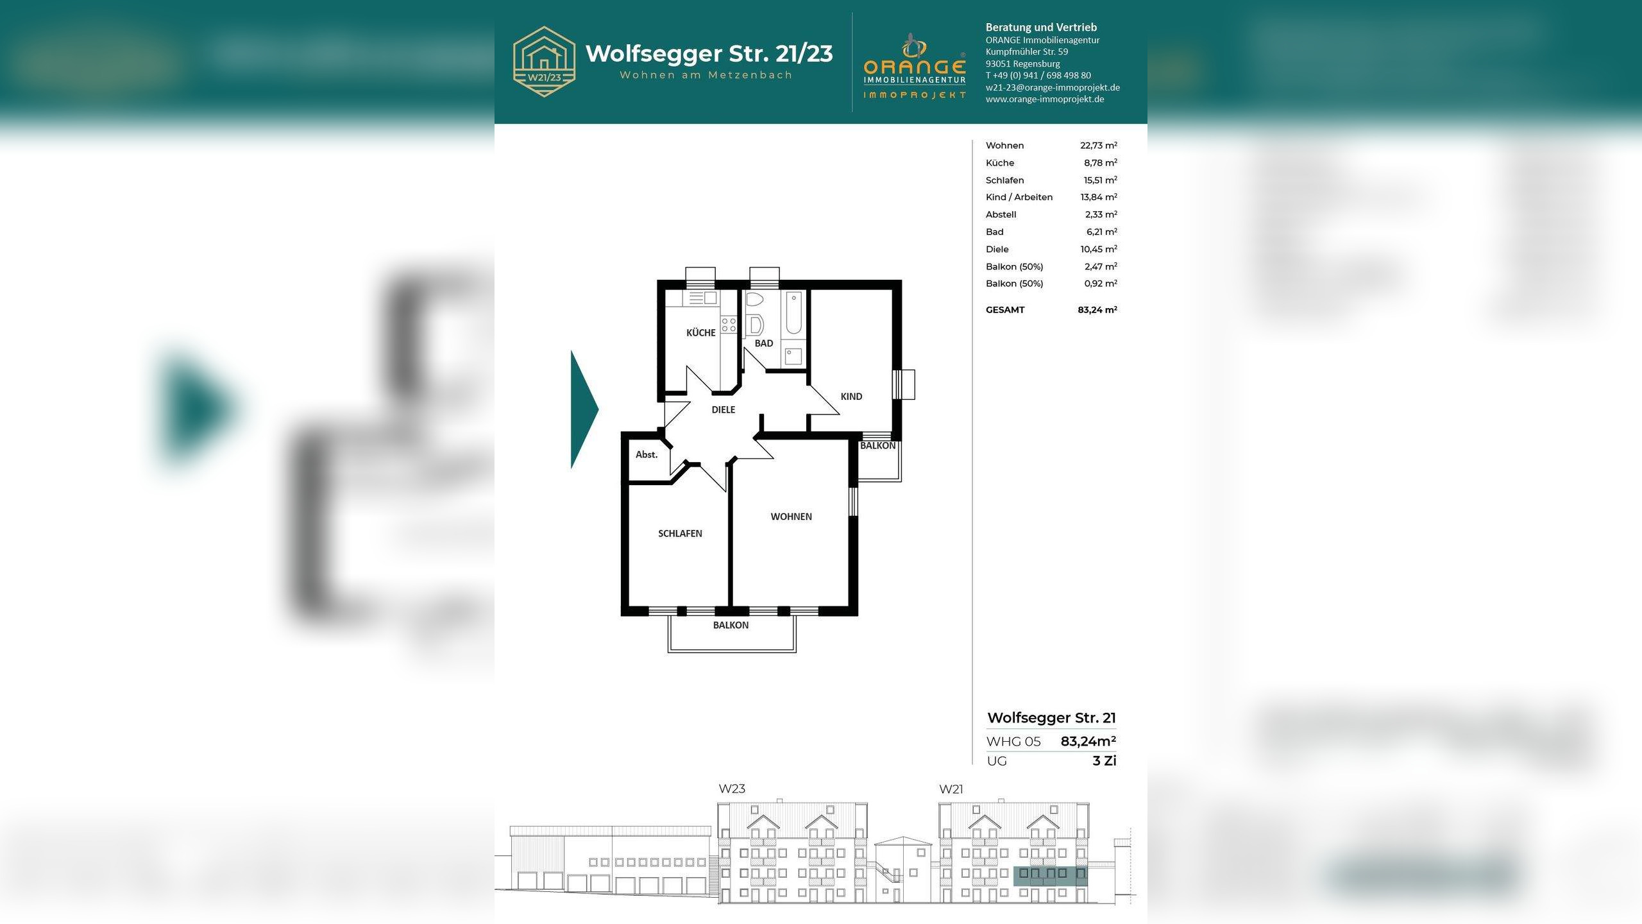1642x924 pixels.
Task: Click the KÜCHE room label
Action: click(700, 332)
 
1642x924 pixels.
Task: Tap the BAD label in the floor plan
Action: click(763, 343)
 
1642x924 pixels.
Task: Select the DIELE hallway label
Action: click(723, 409)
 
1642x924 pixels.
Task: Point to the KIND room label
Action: click(851, 397)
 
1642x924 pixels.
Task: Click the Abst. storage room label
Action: click(647, 454)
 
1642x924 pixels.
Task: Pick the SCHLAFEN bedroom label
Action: click(680, 533)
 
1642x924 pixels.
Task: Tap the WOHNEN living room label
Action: click(791, 517)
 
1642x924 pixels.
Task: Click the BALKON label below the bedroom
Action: click(731, 625)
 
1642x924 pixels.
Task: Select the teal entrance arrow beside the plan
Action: click(584, 409)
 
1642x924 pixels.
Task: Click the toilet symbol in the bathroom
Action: click(754, 300)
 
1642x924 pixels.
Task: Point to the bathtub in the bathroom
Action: click(793, 312)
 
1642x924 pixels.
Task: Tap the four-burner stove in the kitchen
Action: click(729, 325)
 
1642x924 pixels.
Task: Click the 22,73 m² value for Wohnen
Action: click(1098, 146)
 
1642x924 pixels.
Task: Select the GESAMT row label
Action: click(1005, 310)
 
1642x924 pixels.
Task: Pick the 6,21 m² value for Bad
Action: click(1101, 232)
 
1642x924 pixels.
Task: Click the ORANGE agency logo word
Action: click(915, 67)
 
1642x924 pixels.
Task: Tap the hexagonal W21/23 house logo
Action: click(544, 62)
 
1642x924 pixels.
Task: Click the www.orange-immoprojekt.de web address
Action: click(1045, 99)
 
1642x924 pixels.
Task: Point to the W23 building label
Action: click(732, 789)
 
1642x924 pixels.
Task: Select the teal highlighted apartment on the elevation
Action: click(1050, 876)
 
